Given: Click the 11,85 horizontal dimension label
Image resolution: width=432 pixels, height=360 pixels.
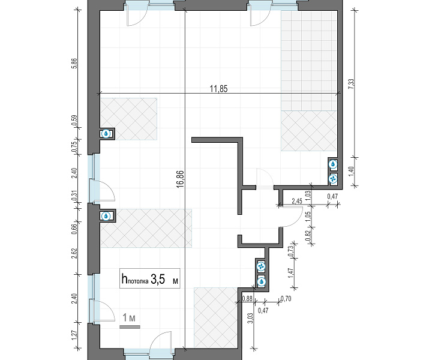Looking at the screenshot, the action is pyautogui.click(x=219, y=89).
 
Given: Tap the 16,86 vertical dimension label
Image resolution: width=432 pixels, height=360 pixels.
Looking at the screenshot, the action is pyautogui.click(x=180, y=179).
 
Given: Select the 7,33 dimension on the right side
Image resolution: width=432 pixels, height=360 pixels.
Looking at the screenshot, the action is pyautogui.click(x=351, y=84).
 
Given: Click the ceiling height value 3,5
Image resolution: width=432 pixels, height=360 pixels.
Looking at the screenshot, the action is pyautogui.click(x=158, y=279).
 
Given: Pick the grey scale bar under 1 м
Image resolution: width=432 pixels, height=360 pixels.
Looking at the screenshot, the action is pyautogui.click(x=130, y=327).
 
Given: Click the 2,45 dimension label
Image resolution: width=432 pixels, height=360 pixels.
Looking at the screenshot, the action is pyautogui.click(x=297, y=201).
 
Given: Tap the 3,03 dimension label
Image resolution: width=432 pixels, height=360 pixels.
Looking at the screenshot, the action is pyautogui.click(x=250, y=318).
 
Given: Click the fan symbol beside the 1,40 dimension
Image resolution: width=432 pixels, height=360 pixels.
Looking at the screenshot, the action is pyautogui.click(x=334, y=179).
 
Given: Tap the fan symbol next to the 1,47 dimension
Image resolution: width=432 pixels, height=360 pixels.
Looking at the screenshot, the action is pyautogui.click(x=260, y=266).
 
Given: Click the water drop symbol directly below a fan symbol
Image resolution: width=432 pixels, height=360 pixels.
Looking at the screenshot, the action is pyautogui.click(x=261, y=282).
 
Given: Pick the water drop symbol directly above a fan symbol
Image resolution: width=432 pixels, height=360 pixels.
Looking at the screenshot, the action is pyautogui.click(x=334, y=164).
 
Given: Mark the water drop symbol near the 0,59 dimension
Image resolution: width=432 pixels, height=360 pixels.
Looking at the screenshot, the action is pyautogui.click(x=106, y=134).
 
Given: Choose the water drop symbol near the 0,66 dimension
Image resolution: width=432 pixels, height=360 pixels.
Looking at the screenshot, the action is pyautogui.click(x=106, y=216).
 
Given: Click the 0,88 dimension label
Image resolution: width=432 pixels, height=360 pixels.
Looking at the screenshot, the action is pyautogui.click(x=247, y=298).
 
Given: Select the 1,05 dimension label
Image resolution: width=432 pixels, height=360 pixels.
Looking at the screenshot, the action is pyautogui.click(x=308, y=215).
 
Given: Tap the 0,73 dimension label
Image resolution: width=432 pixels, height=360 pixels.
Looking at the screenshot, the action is pyautogui.click(x=290, y=251).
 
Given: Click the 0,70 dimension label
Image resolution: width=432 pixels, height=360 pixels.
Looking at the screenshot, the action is pyautogui.click(x=286, y=299).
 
